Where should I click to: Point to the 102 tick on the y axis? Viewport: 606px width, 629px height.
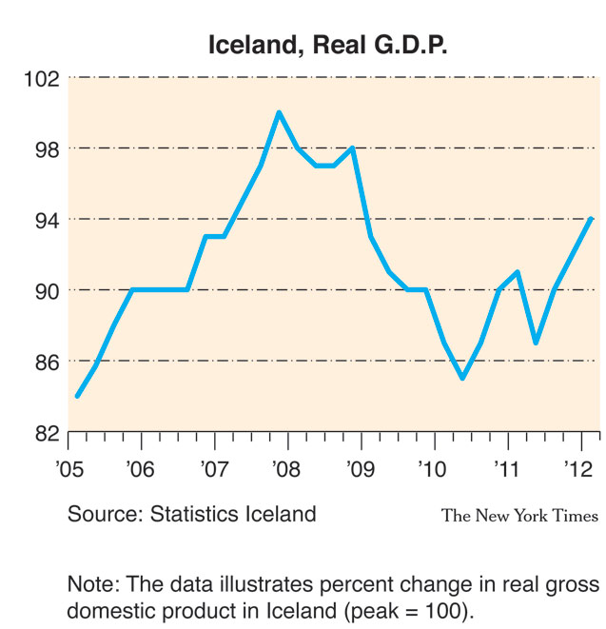click(42, 78)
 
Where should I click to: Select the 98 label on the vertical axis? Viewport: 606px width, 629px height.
click(46, 149)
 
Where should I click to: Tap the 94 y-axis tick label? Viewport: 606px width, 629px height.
click(46, 220)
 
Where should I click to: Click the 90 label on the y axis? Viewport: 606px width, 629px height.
click(46, 290)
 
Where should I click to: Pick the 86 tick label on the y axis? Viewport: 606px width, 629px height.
click(46, 362)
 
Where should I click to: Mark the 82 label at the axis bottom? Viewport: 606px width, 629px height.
click(46, 433)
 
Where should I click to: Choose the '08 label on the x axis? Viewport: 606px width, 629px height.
click(285, 468)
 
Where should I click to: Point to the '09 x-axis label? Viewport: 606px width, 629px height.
click(359, 468)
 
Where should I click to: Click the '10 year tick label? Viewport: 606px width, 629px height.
click(432, 468)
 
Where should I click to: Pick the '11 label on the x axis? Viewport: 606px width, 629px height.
click(505, 468)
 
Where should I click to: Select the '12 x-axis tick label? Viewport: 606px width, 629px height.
click(578, 468)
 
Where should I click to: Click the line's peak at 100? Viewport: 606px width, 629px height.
click(279, 113)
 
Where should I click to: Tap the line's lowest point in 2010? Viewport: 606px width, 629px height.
click(462, 379)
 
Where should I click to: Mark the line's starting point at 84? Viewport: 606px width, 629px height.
click(77, 396)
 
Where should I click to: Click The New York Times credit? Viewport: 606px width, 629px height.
click(519, 516)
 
